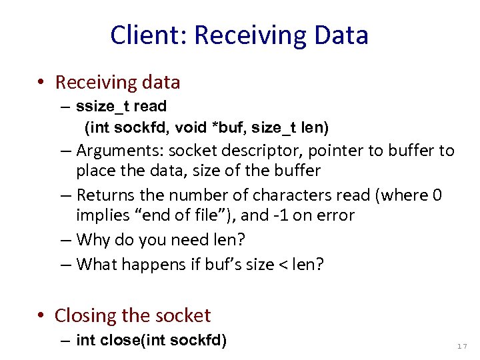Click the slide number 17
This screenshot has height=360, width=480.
tap(462, 346)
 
